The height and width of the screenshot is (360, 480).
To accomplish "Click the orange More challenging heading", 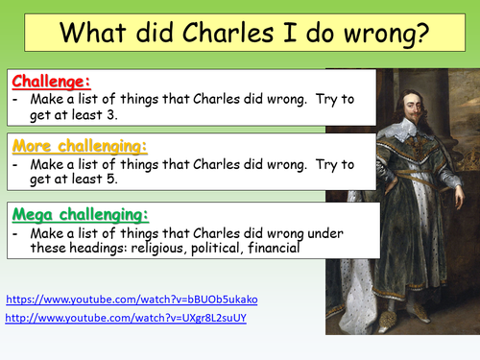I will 79,146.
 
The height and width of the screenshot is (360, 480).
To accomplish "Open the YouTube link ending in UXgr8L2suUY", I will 125,318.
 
